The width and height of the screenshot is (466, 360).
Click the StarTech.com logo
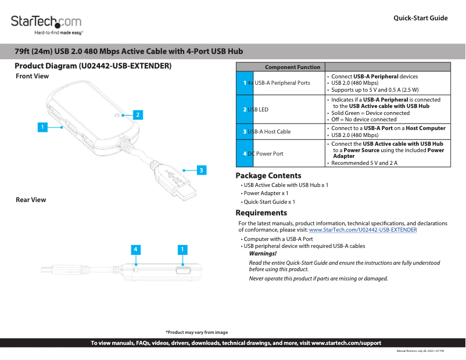[46, 23]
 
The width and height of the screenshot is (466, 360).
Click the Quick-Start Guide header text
[420, 18]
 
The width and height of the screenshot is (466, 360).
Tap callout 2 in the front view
[138, 115]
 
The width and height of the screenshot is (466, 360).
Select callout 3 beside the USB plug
[200, 170]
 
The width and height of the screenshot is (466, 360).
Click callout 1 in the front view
[42, 126]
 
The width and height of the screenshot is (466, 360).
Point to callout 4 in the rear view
[135, 250]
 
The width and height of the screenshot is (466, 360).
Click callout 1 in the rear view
[182, 250]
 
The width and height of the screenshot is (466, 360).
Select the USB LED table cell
[281, 109]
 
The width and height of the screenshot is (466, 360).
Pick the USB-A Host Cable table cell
[281, 132]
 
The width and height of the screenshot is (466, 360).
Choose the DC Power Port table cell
[281, 153]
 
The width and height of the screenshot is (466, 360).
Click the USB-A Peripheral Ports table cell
[281, 83]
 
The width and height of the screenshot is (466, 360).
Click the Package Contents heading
[268, 176]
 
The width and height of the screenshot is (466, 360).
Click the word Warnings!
[263, 254]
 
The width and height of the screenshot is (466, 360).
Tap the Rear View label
[31, 200]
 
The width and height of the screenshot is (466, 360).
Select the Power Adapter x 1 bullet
[266, 193]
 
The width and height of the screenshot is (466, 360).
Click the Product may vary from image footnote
[196, 332]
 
